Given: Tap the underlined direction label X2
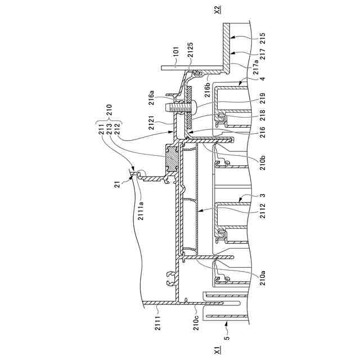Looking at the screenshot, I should click(x=218, y=10).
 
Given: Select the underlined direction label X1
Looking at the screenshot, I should click(x=218, y=351).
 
